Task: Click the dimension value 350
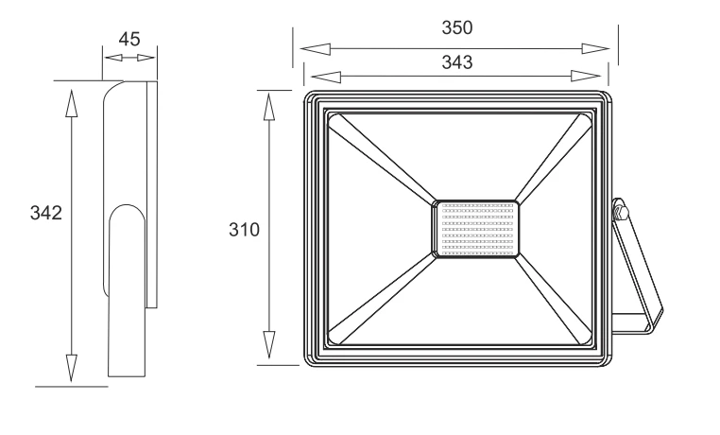pos(457,28)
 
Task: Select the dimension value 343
pos(457,62)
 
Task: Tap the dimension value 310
pos(245,230)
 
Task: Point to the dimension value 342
pos(46,213)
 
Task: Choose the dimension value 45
pos(129,40)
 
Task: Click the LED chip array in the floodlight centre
pos(475,229)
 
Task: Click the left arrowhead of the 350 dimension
pos(315,48)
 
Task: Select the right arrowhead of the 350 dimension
pos(595,48)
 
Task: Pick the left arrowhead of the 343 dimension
pos(326,77)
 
